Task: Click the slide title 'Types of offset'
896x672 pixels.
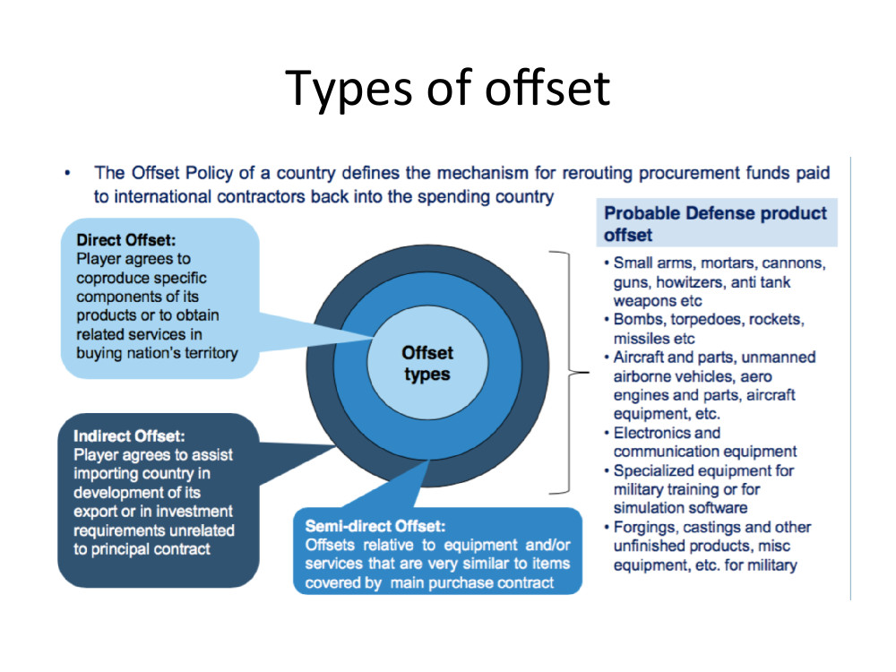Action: (447, 88)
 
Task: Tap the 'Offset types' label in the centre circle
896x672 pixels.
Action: (427, 364)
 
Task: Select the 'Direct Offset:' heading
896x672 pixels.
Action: (126, 240)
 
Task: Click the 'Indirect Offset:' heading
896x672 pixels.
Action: (129, 436)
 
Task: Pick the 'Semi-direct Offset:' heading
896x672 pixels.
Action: (375, 526)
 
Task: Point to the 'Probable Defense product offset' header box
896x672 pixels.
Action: (717, 223)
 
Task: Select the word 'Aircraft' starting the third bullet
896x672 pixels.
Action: (638, 358)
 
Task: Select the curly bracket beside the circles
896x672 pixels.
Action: (568, 372)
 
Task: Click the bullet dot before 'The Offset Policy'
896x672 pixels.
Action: (67, 173)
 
